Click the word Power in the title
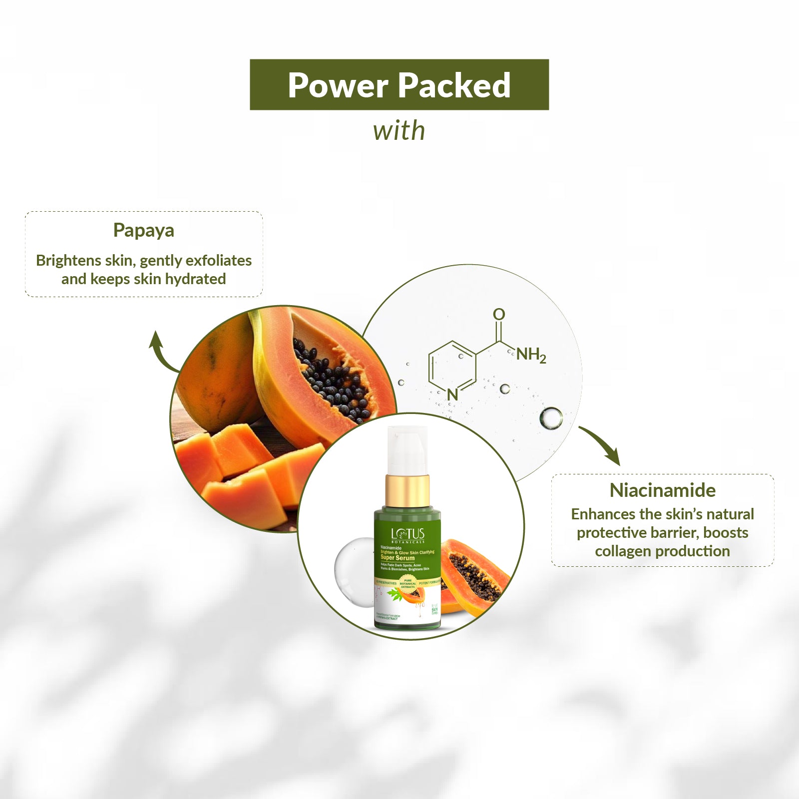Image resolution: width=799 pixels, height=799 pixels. (339, 85)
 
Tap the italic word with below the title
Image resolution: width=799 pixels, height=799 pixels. (399, 131)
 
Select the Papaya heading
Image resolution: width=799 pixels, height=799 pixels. (144, 230)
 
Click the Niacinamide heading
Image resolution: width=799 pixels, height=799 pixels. (662, 490)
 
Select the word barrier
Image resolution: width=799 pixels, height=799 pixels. (672, 533)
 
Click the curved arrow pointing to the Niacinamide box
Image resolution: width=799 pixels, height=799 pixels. (602, 444)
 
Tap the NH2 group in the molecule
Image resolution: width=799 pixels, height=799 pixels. (531, 355)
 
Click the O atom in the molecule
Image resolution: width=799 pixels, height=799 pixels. (499, 314)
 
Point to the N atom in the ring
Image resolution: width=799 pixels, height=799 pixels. (452, 395)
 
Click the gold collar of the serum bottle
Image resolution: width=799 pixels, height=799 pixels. (407, 491)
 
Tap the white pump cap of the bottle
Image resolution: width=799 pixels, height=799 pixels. (407, 449)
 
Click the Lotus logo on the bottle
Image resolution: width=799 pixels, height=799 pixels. (407, 534)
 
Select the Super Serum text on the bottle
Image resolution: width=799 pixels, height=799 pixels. (398, 558)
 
